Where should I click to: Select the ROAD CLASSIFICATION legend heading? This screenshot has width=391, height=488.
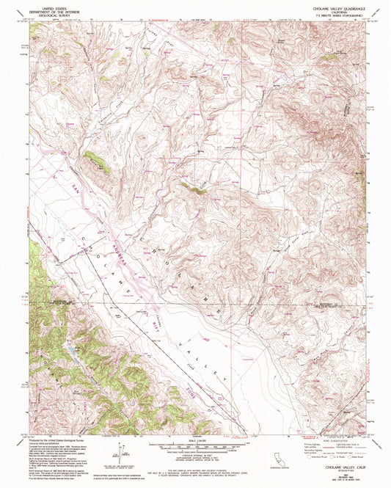pos(332,440)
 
